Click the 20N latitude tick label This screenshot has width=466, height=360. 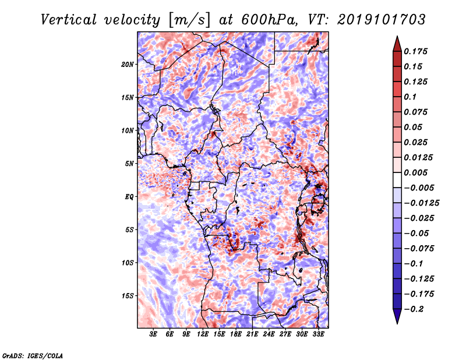click(128, 65)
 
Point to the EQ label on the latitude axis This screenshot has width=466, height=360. click(129, 197)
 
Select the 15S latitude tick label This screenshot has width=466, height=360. click(128, 296)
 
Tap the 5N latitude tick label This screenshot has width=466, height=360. click(129, 164)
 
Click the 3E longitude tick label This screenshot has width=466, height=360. click(153, 334)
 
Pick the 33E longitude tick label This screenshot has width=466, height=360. click(318, 334)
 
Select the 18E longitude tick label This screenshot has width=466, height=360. click(236, 334)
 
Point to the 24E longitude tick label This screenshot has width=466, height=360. click(269, 334)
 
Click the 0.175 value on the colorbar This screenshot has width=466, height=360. click(415, 51)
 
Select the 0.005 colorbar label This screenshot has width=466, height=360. click(415, 172)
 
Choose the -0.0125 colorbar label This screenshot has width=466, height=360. click(421, 203)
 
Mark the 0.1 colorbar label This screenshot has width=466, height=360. click(410, 97)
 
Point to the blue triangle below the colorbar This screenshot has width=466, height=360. click(397, 316)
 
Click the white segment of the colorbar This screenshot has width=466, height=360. click(397, 180)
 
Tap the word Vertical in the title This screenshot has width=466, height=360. click(69, 20)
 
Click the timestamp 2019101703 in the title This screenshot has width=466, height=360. click(382, 20)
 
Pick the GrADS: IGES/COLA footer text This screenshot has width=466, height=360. click(33, 355)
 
